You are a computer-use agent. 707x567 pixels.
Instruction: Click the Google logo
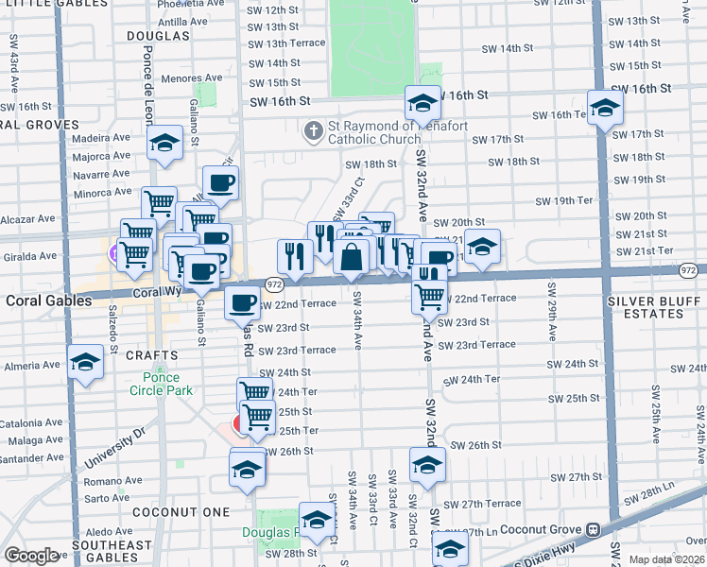[31, 556]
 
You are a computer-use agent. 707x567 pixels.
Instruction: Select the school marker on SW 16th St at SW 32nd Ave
[422, 102]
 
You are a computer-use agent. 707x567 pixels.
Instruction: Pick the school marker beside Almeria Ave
[85, 361]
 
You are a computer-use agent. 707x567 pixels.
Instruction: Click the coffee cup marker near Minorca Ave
[220, 183]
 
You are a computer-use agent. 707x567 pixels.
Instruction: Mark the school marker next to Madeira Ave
[165, 144]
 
